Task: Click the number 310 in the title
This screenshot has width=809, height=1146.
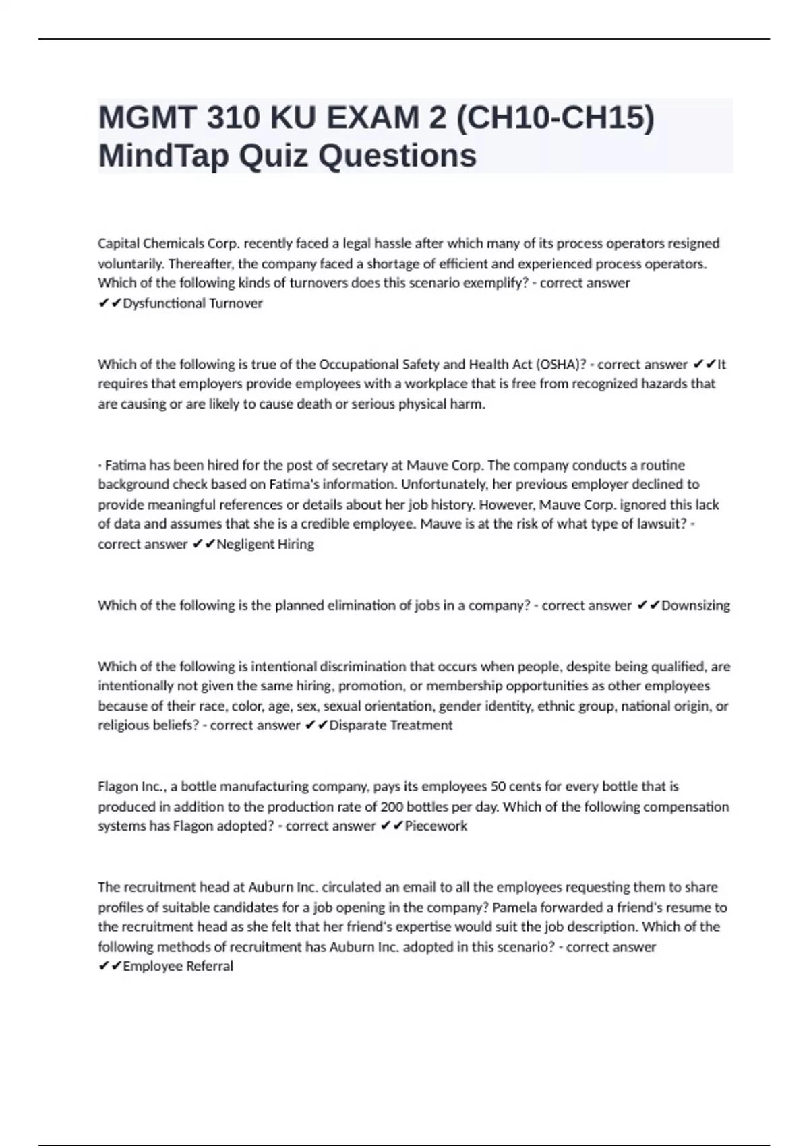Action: pos(233,119)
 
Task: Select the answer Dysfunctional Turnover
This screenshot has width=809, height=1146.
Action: pos(193,303)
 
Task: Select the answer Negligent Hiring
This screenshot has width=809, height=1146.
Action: pos(265,544)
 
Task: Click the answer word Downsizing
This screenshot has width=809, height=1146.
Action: pos(696,605)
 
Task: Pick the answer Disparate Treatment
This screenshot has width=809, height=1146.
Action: pos(390,725)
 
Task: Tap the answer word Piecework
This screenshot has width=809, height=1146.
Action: pos(436,826)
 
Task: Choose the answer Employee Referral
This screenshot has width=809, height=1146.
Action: pos(178,966)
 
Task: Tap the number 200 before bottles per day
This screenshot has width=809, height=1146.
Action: pos(392,807)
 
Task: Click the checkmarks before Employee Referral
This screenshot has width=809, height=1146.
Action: pos(109,966)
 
